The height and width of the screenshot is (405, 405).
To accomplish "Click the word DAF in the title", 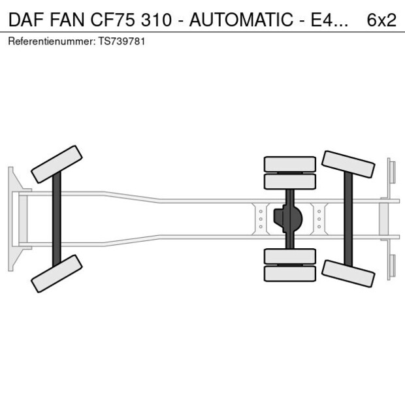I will click(x=25, y=20).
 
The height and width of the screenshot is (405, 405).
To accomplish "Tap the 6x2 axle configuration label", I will click(x=381, y=20).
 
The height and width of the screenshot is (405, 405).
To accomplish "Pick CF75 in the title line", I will click(x=120, y=20).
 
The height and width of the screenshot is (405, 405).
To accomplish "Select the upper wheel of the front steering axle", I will click(x=57, y=164).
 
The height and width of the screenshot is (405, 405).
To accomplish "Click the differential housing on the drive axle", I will click(x=289, y=219).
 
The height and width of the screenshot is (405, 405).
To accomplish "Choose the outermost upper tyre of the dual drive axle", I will click(x=289, y=163).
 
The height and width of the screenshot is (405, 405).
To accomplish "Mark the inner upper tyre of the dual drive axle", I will click(x=289, y=181).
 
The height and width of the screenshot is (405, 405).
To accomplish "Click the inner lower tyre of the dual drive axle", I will click(x=289, y=256).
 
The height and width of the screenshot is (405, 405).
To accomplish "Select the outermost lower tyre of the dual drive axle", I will click(x=289, y=274).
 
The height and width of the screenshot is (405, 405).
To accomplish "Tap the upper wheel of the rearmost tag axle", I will click(x=348, y=165).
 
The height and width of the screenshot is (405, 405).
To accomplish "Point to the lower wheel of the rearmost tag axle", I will click(x=348, y=273).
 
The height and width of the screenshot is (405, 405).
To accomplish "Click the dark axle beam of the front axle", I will click(x=57, y=219).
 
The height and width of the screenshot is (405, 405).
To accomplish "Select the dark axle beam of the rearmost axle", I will click(x=348, y=219).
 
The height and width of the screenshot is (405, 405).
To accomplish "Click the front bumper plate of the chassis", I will click(x=11, y=219).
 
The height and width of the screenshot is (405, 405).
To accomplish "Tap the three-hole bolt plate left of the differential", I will click(x=261, y=219).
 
